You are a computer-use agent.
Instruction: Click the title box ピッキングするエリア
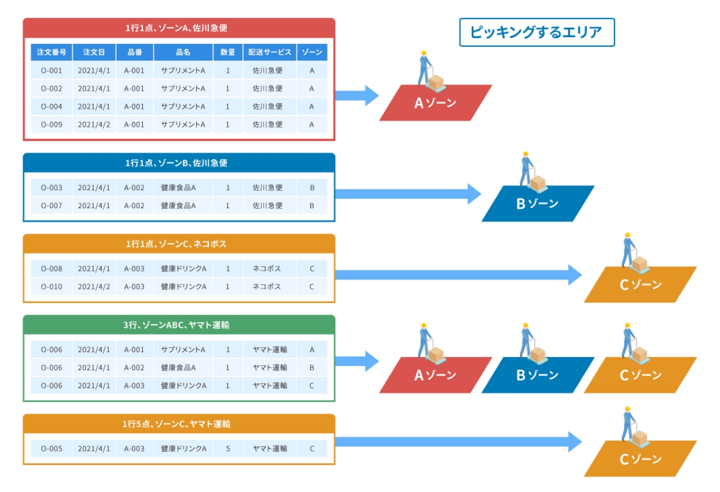coord(536,32)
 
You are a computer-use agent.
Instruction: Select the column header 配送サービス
coord(270,52)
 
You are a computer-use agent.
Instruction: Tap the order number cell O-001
coord(51,71)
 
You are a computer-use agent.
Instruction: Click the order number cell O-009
coord(51,124)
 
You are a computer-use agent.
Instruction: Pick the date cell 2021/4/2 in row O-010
coord(94,287)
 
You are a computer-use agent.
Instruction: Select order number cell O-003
coord(51,187)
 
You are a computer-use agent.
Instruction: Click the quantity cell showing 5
coord(227,449)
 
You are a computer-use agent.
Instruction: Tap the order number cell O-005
coord(51,449)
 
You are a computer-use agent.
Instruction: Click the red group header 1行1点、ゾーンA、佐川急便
coord(178,27)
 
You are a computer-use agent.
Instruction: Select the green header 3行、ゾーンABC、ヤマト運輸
coord(178,325)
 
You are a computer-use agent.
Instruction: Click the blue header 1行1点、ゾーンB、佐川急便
coord(178,163)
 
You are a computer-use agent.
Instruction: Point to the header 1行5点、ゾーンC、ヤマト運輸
coord(178,424)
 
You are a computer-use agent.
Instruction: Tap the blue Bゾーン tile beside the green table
coord(537,375)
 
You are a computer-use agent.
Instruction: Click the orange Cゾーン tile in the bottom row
coord(640,459)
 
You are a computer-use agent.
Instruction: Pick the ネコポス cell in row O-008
coord(270,269)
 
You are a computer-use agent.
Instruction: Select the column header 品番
coord(134,52)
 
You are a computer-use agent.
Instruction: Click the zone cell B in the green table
coord(312,367)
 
